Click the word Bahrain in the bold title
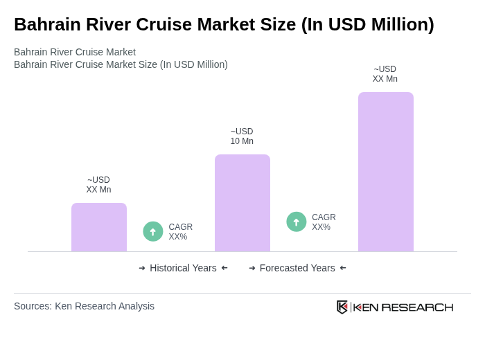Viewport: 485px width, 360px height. [x=44, y=24]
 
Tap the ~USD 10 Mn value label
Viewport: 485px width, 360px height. [x=242, y=136]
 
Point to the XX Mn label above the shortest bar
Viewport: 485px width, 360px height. [x=98, y=185]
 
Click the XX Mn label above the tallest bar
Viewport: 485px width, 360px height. [x=385, y=74]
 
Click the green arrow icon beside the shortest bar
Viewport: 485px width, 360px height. [x=153, y=231]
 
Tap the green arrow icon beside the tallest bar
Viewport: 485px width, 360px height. [x=297, y=222]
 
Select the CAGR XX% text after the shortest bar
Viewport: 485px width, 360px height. [x=180, y=232]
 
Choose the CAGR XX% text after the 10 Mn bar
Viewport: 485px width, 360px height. [x=324, y=222]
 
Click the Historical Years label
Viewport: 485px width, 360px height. [x=183, y=268]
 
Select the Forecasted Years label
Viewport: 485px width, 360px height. [x=297, y=268]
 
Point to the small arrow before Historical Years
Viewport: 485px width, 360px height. [x=142, y=268]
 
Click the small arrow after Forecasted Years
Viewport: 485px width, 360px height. [x=343, y=268]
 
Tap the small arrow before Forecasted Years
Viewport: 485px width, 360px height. [x=252, y=268]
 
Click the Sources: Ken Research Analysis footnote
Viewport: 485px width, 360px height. [x=84, y=306]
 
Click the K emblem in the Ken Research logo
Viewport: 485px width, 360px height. [x=342, y=307]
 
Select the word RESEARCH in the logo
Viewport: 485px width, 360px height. [x=417, y=307]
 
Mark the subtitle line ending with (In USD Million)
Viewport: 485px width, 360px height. [x=121, y=64]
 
